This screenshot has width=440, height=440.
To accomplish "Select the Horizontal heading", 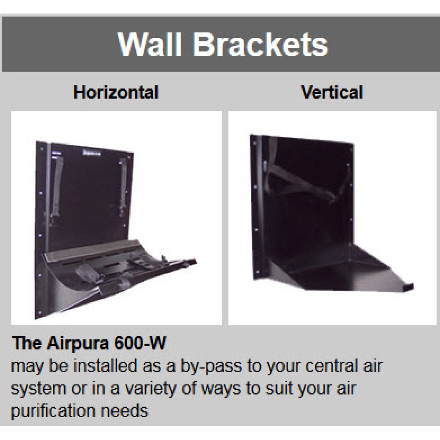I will (116, 92).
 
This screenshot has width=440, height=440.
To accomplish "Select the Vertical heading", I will (332, 92).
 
